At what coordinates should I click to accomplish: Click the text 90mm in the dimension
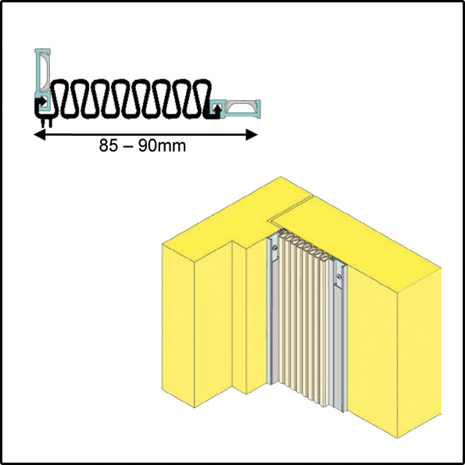click(163, 146)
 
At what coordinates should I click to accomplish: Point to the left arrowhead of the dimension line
click(40, 135)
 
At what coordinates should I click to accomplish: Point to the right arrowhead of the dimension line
click(252, 135)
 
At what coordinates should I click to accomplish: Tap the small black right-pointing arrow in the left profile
click(42, 102)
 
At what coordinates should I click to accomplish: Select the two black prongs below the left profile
click(46, 123)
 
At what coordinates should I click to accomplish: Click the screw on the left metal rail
click(276, 248)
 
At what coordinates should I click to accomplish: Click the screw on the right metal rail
click(338, 277)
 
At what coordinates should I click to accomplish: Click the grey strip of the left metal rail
click(274, 320)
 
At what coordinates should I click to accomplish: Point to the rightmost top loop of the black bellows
click(203, 86)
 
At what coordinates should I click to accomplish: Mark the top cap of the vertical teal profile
click(43, 50)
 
